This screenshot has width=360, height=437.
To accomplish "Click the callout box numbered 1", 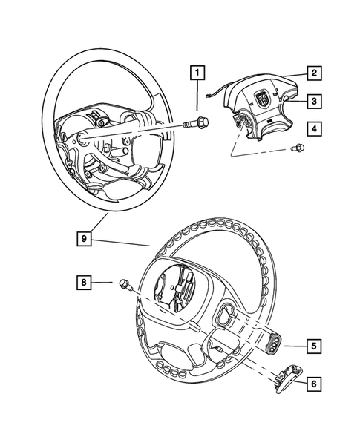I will click(x=197, y=73).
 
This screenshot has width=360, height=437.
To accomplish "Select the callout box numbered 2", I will click(x=314, y=73).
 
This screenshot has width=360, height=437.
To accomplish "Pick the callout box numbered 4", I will click(x=314, y=129).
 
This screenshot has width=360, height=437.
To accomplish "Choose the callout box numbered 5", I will click(x=314, y=344).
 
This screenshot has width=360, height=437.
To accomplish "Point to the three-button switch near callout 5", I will click(x=277, y=344).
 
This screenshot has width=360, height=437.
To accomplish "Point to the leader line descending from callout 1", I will click(x=197, y=96).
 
